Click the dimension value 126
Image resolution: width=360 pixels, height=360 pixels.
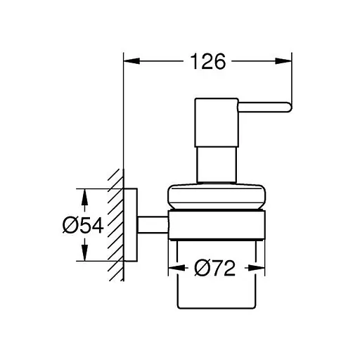[207, 62]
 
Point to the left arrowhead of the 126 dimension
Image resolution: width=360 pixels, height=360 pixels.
[129, 62]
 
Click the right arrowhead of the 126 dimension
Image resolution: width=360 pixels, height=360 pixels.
[288, 62]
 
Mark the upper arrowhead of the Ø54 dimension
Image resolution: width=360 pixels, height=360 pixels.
[84, 193]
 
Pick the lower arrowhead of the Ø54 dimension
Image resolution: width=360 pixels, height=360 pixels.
[84, 257]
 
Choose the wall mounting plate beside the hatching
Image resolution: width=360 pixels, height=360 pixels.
[130, 225]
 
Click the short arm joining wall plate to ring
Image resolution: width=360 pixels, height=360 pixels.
[150, 225]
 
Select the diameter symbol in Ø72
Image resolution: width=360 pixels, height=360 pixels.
[199, 268]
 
